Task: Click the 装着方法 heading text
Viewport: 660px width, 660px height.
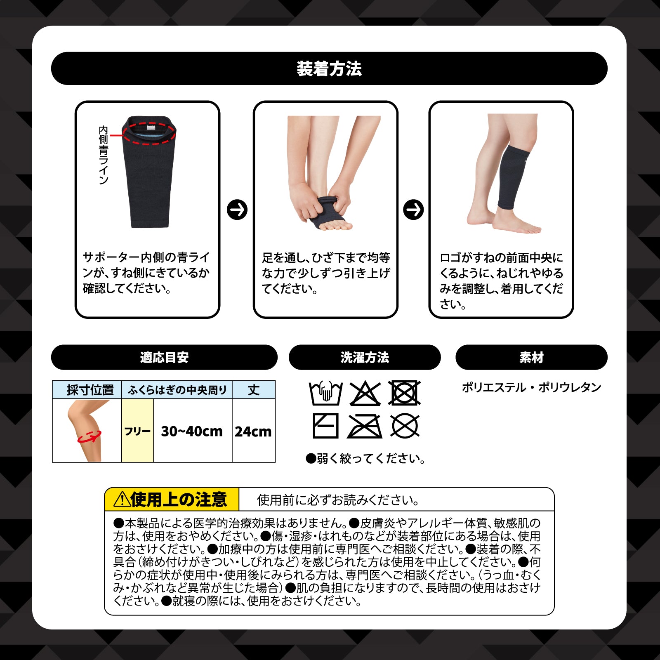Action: click(329, 68)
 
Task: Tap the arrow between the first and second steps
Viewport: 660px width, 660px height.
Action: click(237, 210)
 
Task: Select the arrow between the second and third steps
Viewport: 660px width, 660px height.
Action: click(413, 210)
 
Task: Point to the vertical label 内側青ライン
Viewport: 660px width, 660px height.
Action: click(103, 155)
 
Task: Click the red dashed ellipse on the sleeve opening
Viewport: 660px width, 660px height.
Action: click(149, 144)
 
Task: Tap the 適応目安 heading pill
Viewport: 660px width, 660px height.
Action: click(164, 357)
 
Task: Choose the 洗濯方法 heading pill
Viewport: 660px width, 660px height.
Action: click(365, 357)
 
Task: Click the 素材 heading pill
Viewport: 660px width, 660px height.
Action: click(531, 357)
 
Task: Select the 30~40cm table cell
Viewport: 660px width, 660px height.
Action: click(193, 431)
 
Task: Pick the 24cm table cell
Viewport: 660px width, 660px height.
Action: click(253, 431)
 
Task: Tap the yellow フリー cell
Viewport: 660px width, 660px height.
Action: click(138, 431)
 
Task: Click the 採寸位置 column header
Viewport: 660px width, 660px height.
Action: click(87, 390)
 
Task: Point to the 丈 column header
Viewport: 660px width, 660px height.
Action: click(253, 390)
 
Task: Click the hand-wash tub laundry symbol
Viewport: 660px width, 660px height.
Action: click(325, 393)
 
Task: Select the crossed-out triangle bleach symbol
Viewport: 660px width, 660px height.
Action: click(365, 394)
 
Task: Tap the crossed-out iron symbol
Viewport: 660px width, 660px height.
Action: click(365, 426)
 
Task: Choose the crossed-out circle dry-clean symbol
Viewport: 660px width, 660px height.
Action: click(405, 426)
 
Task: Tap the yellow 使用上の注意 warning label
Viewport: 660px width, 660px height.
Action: click(172, 500)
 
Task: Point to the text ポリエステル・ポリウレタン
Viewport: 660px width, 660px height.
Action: click(531, 387)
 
